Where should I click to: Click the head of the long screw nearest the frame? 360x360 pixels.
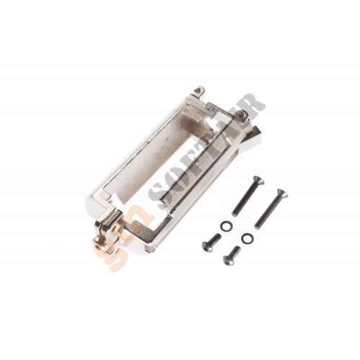click(x=258, y=181)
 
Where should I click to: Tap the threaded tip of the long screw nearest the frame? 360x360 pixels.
click(x=235, y=212)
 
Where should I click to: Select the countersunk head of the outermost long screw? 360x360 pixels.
click(x=282, y=194)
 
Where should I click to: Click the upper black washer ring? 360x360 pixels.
click(x=225, y=225)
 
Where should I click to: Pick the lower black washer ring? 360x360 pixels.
click(x=247, y=238)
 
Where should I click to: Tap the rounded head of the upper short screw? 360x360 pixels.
click(x=207, y=247)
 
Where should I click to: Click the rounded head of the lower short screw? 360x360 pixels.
click(x=227, y=259)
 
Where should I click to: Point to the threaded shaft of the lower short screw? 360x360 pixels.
click(x=235, y=251)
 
